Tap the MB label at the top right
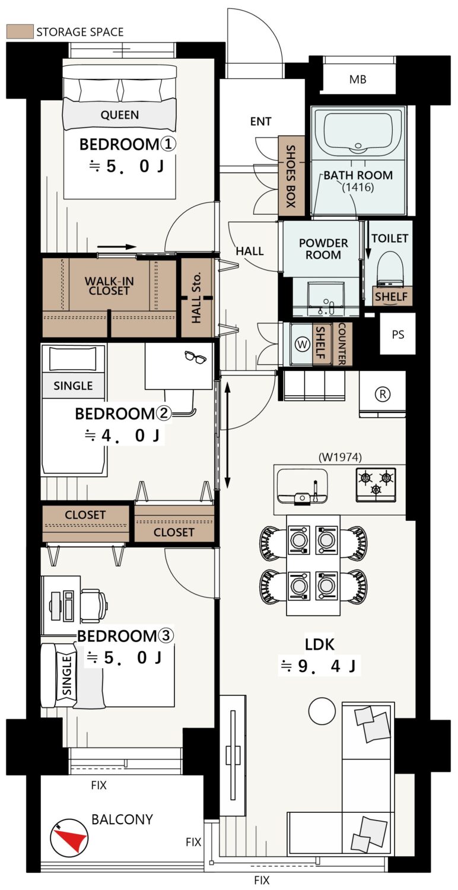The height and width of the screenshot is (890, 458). coord(358,80)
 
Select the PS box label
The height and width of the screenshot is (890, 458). coord(397,335)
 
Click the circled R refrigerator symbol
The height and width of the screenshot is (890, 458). coord(383,394)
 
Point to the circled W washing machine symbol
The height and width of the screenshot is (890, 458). coord(303,344)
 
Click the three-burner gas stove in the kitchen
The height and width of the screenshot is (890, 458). coord(376,485)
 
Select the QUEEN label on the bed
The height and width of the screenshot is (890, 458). coord(120,115)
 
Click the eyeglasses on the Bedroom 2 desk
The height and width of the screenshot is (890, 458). coord(195,357)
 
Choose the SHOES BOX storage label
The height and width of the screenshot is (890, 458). coord(291,176)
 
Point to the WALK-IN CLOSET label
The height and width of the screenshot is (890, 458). coord(109,286)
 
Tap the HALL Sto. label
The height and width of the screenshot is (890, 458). coord(196,297)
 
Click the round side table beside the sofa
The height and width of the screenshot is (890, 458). coord(322,711)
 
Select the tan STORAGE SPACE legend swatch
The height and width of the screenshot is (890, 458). coord(20,32)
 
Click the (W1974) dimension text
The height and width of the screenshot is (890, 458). coord(340,457)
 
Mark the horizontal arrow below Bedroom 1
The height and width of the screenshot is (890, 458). coord(117,247)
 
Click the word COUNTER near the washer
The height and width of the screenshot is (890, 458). coord(342,344)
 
